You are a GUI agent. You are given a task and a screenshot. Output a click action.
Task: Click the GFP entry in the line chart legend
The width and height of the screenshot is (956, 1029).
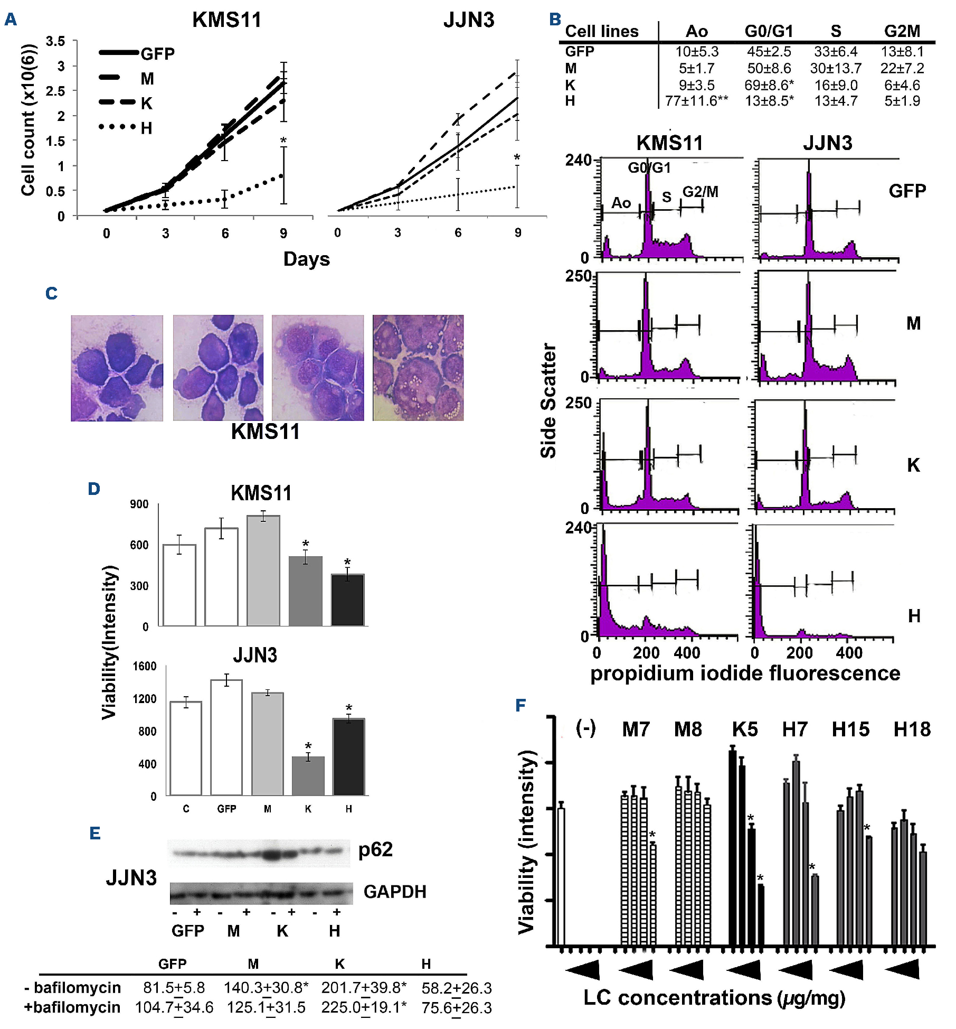(x=157, y=54)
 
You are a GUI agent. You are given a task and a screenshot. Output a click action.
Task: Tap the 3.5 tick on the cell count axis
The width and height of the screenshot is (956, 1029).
(x=55, y=41)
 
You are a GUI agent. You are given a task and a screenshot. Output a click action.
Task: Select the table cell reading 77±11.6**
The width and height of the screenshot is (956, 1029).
(x=696, y=100)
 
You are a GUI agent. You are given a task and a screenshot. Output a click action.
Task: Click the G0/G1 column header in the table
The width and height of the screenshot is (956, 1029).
(x=769, y=31)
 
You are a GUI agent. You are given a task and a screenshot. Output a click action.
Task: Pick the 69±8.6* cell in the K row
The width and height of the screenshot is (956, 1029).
(x=769, y=85)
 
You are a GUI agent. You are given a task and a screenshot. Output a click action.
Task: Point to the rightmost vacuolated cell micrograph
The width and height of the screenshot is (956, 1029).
(x=418, y=368)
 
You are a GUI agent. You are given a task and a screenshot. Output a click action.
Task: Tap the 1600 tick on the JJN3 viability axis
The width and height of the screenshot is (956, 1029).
(x=145, y=666)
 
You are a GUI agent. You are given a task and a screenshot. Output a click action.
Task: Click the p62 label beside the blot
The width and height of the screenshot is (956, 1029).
(x=375, y=849)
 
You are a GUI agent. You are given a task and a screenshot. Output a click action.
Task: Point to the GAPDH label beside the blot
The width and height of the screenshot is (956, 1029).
(x=395, y=892)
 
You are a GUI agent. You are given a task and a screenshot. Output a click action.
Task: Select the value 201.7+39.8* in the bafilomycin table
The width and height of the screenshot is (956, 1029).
(x=364, y=987)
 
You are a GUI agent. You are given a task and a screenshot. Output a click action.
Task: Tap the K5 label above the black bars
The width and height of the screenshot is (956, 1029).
(x=745, y=729)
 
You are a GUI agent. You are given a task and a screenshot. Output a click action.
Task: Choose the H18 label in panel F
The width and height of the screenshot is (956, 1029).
(x=912, y=729)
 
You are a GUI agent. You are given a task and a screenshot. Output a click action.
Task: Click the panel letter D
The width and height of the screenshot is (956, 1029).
(x=94, y=489)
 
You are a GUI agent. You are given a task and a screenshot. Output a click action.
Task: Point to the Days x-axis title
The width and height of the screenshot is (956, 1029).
(x=306, y=259)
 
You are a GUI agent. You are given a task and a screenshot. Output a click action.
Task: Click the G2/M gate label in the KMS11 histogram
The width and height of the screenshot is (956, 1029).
(x=700, y=191)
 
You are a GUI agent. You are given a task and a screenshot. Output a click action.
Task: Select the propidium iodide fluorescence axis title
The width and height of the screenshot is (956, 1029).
(x=745, y=673)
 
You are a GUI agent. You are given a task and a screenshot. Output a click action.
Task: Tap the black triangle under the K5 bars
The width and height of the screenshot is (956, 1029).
(x=744, y=970)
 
